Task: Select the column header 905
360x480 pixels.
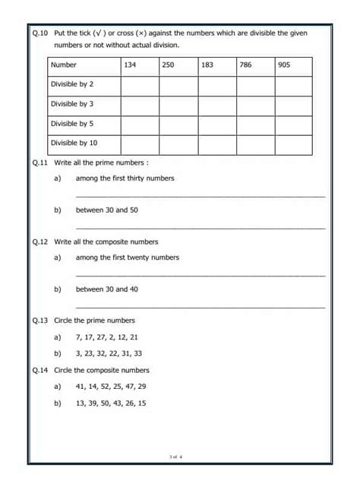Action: (284, 65)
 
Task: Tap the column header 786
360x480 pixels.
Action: (245, 65)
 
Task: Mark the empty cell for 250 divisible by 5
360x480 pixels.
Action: (178, 124)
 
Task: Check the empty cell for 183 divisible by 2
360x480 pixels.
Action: (217, 85)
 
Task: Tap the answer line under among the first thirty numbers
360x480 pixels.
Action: (201, 196)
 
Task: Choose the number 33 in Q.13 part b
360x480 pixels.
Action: (137, 353)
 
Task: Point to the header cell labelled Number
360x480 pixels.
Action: (64, 65)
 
